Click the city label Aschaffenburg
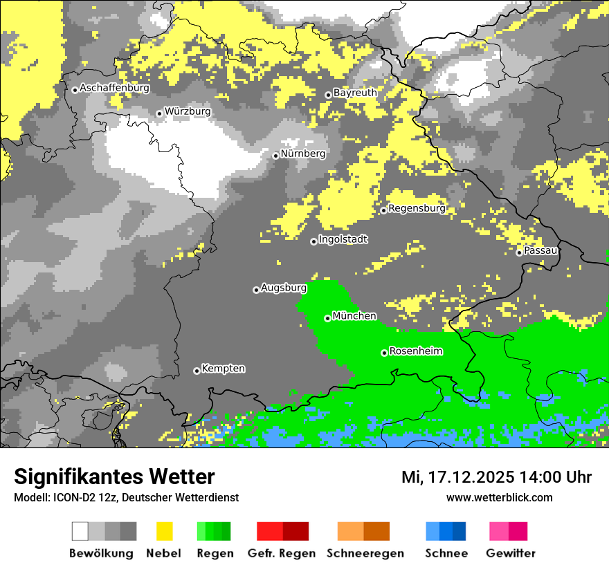point(114,89)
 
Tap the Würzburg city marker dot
point(159,113)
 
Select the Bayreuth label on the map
point(355,93)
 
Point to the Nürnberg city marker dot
point(275,156)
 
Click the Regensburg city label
point(417,208)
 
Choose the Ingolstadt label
point(343,240)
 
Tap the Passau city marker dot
point(519,252)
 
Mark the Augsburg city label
point(283,288)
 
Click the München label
point(354,316)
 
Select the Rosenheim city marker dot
point(384,353)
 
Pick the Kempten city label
point(223,369)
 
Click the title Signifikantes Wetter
point(114,477)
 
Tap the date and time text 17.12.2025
point(496,477)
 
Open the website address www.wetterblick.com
point(499,497)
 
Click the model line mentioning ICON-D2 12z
point(126,497)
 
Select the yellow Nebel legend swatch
point(165,531)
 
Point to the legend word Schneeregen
point(365,553)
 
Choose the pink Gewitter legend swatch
point(499,531)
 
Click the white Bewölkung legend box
point(80,531)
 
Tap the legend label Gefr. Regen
point(281,553)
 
